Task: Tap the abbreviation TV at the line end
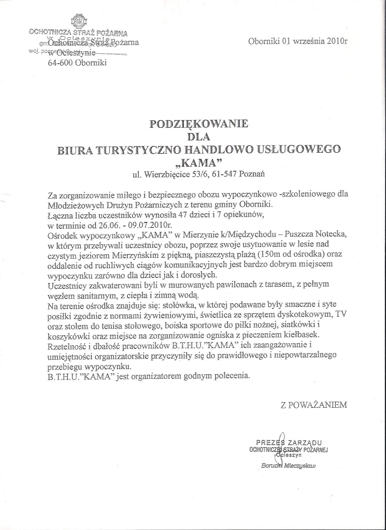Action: (x=340, y=314)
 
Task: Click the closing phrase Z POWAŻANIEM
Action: (x=313, y=405)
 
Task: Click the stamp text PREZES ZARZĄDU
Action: (x=289, y=443)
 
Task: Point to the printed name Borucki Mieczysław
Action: (x=289, y=465)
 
